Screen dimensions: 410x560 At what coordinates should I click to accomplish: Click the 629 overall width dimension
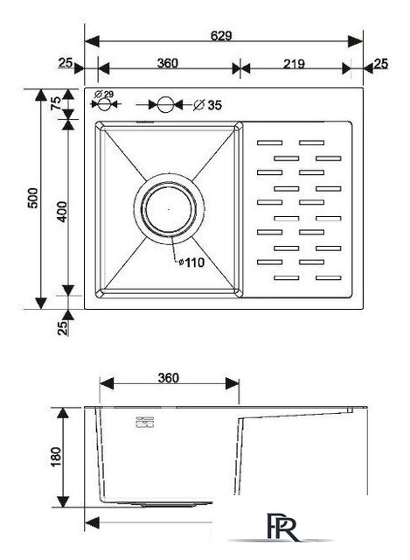[221, 36]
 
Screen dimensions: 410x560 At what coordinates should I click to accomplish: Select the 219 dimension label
[294, 64]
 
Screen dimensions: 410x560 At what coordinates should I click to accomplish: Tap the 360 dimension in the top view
[167, 63]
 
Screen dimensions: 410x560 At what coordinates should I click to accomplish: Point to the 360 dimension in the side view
[168, 378]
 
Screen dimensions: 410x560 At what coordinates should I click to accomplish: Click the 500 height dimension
[33, 199]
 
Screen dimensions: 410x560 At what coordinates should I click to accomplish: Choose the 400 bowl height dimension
[62, 212]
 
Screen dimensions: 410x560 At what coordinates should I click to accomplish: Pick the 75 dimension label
[56, 103]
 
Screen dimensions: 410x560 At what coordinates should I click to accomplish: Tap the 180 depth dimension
[56, 457]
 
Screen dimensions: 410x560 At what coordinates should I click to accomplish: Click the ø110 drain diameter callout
[191, 262]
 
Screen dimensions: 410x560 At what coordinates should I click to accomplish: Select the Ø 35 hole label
[208, 105]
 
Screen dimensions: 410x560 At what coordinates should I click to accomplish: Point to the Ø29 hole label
[104, 94]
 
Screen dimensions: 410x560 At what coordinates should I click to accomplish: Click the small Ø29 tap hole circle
[104, 104]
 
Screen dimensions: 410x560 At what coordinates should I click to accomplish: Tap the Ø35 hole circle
[165, 105]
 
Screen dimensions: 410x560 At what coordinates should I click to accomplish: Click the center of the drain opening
[169, 209]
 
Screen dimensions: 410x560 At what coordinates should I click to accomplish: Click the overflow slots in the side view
[144, 422]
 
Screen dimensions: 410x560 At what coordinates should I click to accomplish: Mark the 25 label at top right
[381, 64]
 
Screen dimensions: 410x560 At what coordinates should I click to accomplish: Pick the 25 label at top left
[66, 63]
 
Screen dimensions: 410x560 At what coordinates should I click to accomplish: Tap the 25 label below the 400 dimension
[62, 328]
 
